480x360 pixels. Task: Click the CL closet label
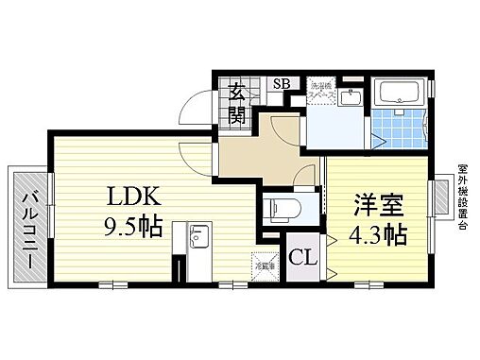[x=302, y=256]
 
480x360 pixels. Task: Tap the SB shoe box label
[x=281, y=83]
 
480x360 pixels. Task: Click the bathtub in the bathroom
[x=399, y=93]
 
